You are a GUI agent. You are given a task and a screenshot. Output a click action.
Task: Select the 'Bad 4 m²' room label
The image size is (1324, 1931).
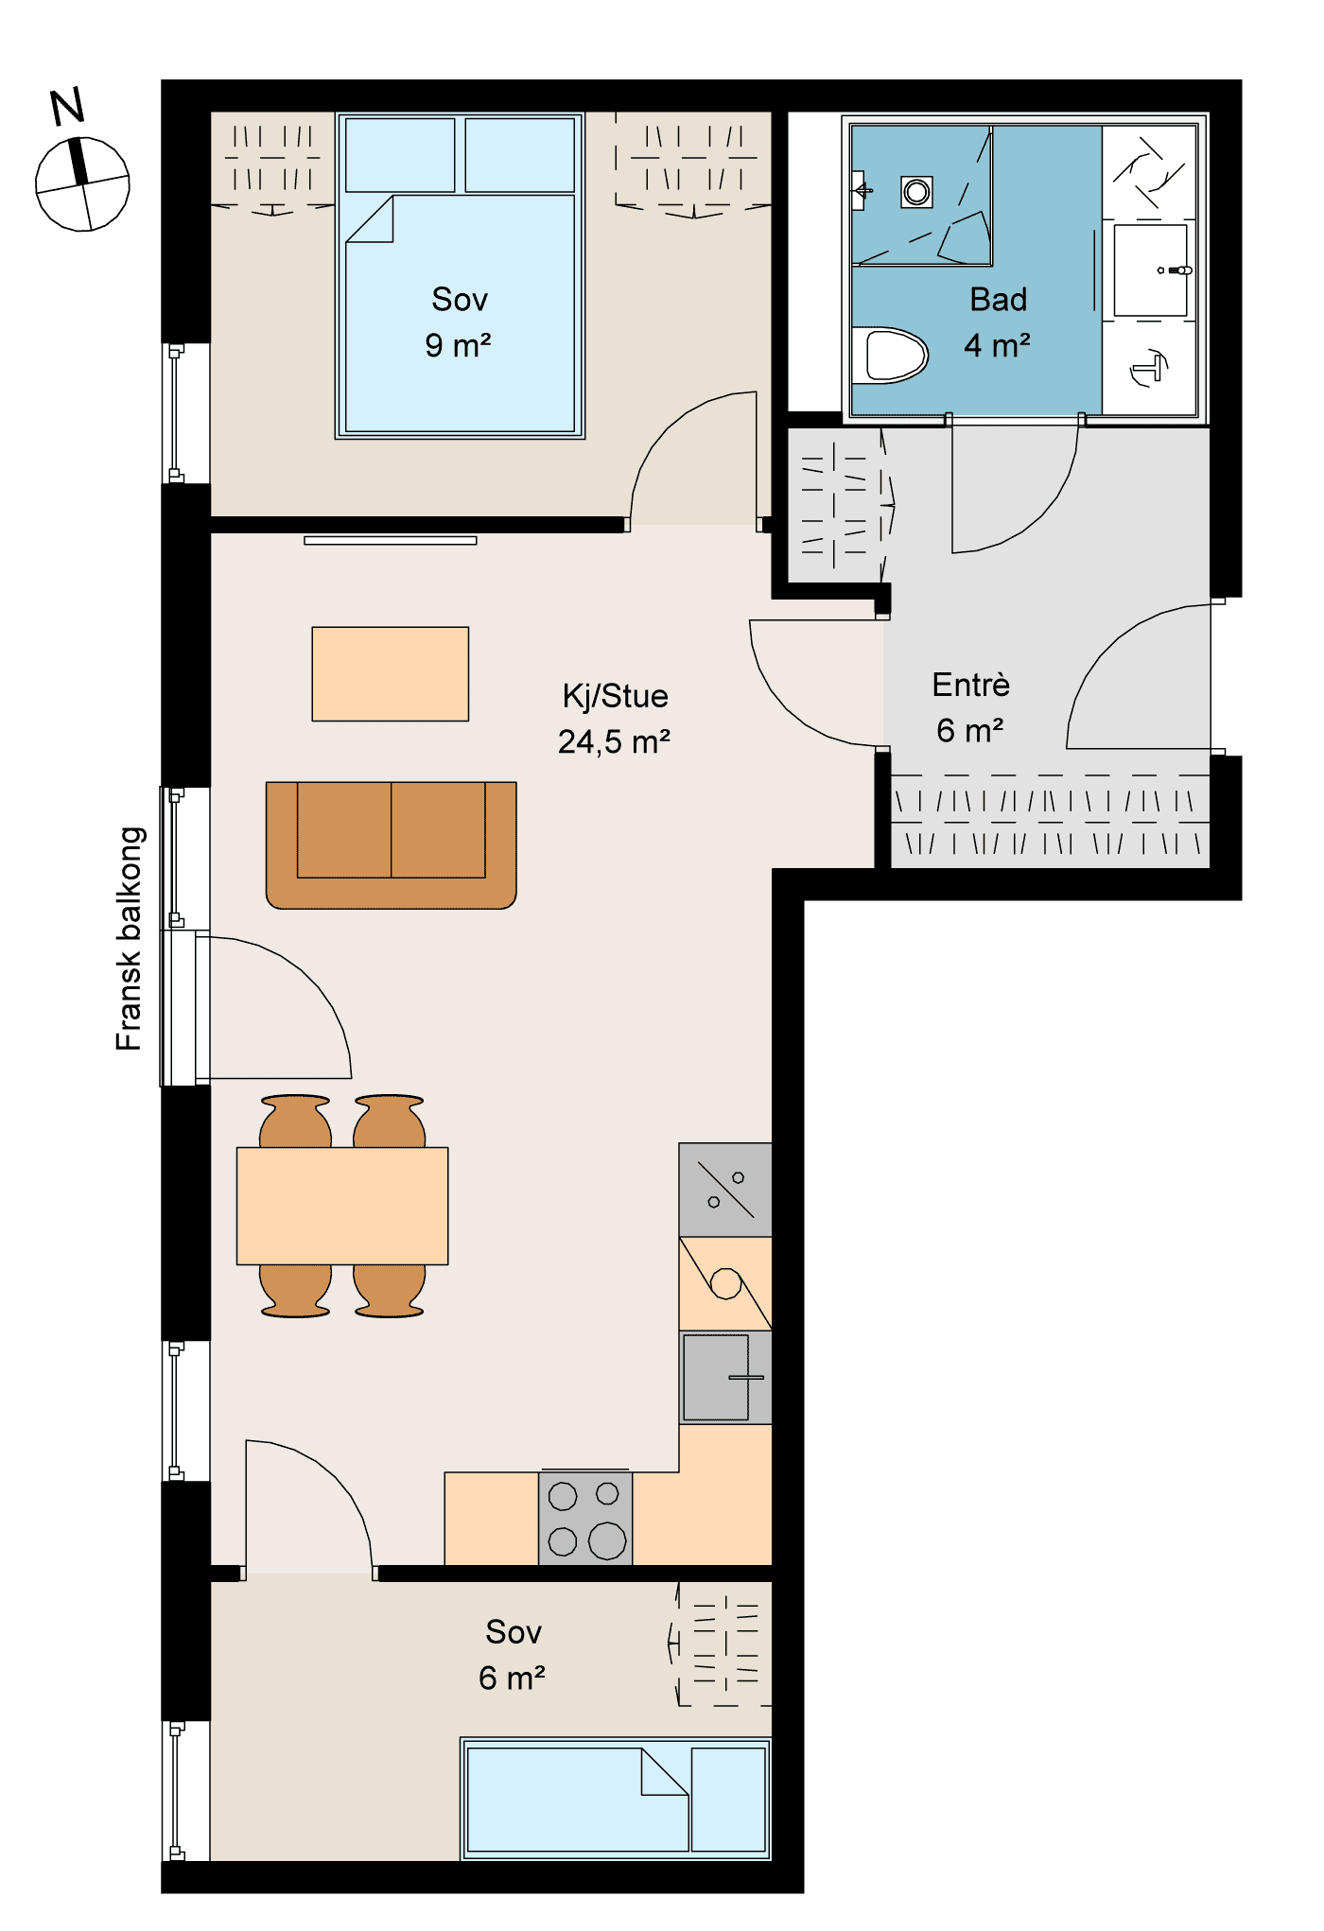point(998,322)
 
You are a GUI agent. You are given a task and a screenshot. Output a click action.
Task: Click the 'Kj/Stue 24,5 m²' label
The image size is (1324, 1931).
point(615,719)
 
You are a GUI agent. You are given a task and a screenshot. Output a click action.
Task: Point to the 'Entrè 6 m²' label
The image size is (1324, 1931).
point(971,707)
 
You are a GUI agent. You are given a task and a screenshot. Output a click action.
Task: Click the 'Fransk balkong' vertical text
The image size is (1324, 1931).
point(130,939)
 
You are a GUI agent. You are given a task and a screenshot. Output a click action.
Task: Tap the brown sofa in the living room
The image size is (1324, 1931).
point(392,844)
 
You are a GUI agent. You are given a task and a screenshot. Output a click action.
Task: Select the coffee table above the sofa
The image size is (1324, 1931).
point(391,674)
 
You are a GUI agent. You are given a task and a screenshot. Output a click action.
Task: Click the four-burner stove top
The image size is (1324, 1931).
point(585,1518)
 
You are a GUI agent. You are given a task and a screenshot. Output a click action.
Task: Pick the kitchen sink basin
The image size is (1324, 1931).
point(716,1377)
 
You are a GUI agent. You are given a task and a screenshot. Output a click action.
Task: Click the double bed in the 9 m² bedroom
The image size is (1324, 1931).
point(461,275)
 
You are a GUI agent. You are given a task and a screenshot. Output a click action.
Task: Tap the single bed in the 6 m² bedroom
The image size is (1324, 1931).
point(617,1799)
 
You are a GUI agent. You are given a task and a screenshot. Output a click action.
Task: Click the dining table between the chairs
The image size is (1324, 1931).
point(342,1206)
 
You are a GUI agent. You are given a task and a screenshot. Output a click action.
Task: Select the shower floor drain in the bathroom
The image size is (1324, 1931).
point(916,192)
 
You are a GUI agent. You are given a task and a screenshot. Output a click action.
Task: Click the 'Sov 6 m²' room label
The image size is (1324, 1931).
point(513,1655)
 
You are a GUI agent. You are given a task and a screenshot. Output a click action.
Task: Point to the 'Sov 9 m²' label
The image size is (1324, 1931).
point(459,322)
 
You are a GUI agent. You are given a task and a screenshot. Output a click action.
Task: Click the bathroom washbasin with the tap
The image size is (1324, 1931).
point(1150,270)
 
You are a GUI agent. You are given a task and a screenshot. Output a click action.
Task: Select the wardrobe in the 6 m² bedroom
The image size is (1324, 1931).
point(723,1644)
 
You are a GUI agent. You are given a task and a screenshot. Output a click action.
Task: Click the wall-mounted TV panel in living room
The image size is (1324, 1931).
point(391,541)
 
